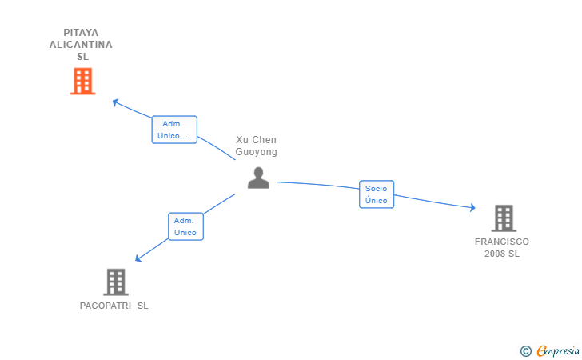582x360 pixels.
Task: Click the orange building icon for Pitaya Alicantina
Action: tap(82, 82)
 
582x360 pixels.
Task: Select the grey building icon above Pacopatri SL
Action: tap(116, 282)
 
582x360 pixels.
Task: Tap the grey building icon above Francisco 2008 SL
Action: tap(503, 218)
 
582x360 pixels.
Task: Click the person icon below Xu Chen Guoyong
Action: tap(258, 178)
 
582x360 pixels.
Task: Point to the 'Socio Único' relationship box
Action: tap(377, 194)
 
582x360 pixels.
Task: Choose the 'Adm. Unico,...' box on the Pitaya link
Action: tap(174, 130)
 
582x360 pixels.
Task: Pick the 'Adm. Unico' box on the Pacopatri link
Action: tap(185, 226)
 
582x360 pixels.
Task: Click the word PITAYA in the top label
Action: tap(81, 33)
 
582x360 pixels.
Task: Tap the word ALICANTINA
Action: tap(81, 45)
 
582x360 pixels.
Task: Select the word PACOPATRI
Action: tap(104, 306)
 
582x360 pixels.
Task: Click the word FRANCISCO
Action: tap(502, 242)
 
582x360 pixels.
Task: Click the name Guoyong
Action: tap(256, 152)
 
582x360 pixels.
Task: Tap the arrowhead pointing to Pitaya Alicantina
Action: tap(115, 102)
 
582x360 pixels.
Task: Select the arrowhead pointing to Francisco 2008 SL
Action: tap(472, 208)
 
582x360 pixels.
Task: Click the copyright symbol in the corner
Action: tap(525, 350)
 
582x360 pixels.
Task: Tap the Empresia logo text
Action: tap(558, 350)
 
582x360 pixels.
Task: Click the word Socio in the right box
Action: tap(376, 189)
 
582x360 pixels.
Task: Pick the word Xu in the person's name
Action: tap(241, 140)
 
